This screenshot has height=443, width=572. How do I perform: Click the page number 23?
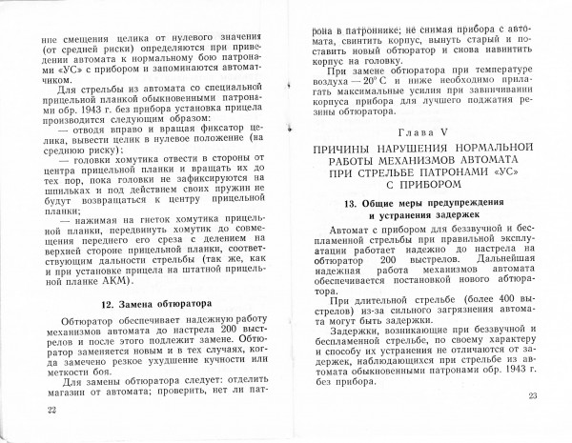(x=532, y=396)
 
